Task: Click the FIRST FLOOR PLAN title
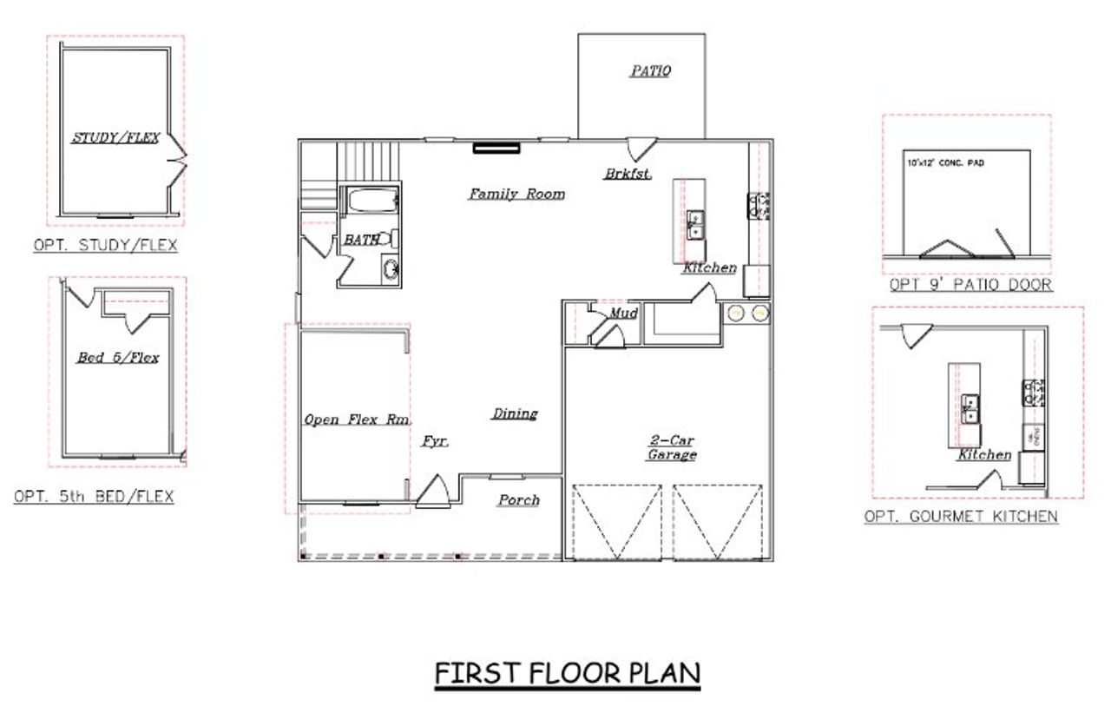point(567,674)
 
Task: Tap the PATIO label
point(649,71)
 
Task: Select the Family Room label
point(516,194)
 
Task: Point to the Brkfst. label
point(628,174)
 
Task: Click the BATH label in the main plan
point(361,239)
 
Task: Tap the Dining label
point(515,413)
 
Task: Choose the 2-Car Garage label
point(672,447)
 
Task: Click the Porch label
point(518,499)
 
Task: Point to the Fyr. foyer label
point(435,441)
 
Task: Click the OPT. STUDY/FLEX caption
point(105,246)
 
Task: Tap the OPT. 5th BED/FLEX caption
point(94,497)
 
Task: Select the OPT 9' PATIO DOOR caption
point(970,285)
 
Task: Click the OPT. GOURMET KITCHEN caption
point(961,517)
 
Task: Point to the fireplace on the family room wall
point(496,148)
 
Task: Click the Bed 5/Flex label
point(117,357)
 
